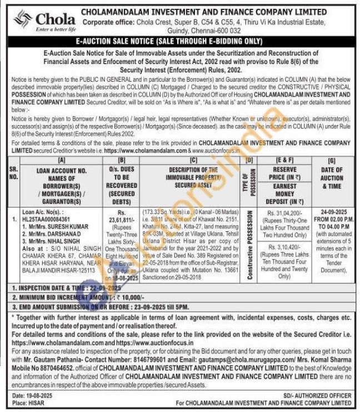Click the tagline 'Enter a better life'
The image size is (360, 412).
56,29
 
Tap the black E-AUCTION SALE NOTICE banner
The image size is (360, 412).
179,41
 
